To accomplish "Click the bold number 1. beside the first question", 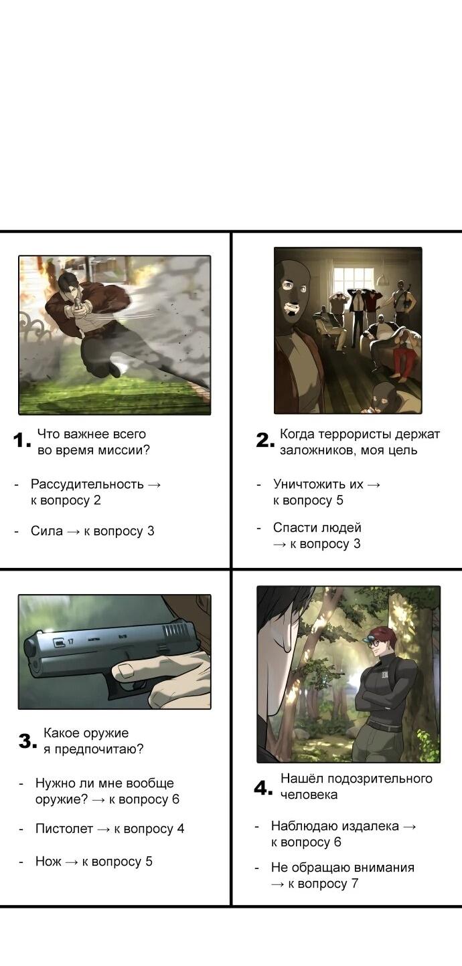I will [21, 441].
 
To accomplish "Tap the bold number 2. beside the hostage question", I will [264, 441].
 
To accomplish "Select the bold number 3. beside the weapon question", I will [27, 741].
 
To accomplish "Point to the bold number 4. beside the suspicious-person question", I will [263, 788].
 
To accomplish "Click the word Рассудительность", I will [87, 484].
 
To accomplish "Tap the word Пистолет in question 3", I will [64, 829].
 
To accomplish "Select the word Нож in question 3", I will [48, 862].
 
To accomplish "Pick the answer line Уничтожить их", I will [319, 484].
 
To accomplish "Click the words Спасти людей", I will [317, 528].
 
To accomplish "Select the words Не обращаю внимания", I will [342, 868].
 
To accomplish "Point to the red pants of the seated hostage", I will [402, 361].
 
